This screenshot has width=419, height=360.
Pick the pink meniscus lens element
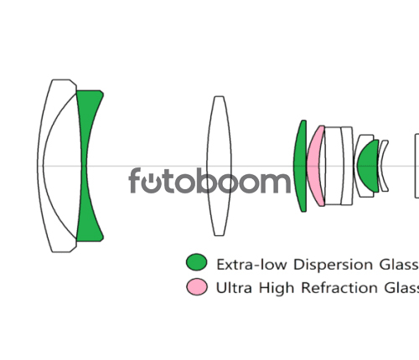315,165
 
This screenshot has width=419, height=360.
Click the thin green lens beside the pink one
300,166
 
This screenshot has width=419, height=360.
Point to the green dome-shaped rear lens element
368,166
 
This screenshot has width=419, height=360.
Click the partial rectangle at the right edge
416,166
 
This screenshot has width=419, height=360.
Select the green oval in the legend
197,262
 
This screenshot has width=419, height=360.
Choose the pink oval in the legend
197,286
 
